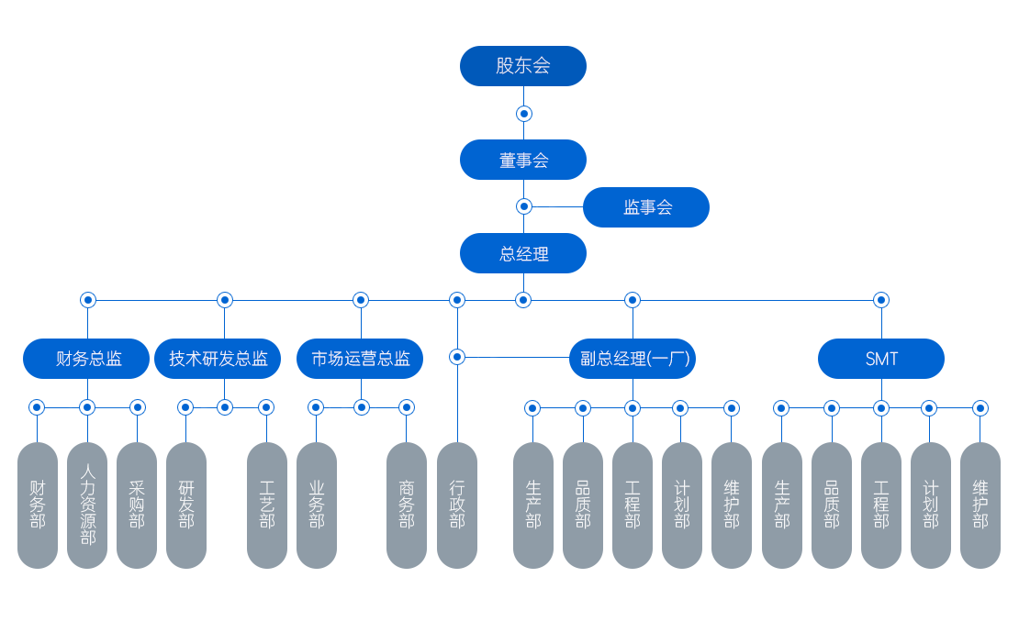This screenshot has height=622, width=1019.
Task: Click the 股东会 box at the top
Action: click(x=523, y=66)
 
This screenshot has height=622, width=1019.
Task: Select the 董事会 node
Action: click(x=523, y=160)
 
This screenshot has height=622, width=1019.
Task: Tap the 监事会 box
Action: click(x=646, y=207)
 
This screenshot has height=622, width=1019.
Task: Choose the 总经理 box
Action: click(x=523, y=253)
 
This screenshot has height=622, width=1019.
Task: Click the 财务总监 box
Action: click(x=86, y=359)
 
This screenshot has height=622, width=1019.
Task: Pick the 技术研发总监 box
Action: click(x=218, y=359)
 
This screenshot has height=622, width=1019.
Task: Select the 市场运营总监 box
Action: click(x=360, y=359)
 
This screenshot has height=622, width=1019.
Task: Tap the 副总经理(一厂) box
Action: click(x=633, y=359)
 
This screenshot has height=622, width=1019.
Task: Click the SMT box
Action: click(x=881, y=359)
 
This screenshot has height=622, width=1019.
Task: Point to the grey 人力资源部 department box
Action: click(x=87, y=505)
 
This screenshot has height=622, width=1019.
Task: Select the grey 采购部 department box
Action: click(x=137, y=505)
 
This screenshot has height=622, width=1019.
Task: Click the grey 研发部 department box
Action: click(x=186, y=505)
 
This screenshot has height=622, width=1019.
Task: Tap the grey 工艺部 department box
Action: click(x=267, y=505)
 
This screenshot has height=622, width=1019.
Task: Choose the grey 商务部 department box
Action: click(x=407, y=505)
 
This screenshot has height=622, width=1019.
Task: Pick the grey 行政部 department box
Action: click(x=457, y=505)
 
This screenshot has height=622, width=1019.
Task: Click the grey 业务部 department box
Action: click(x=317, y=505)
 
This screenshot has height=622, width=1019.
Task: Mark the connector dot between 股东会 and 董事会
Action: click(x=523, y=114)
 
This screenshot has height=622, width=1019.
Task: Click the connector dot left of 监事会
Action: click(x=523, y=206)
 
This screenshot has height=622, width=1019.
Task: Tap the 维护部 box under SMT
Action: click(x=980, y=505)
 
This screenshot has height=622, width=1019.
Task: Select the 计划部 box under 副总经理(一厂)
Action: click(x=682, y=505)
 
